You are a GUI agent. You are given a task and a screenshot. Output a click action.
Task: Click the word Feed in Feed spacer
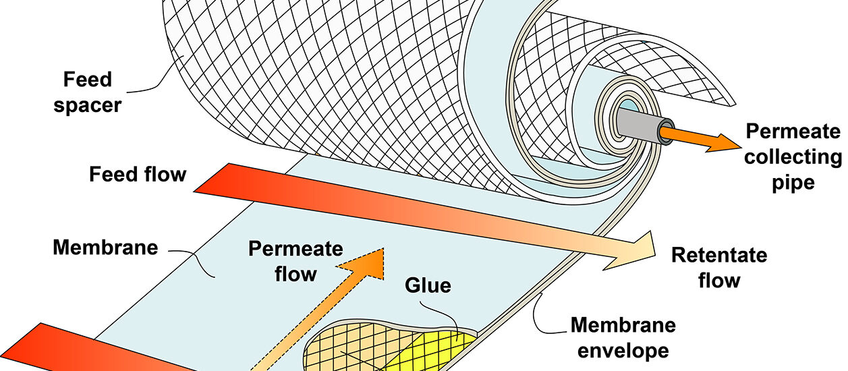[88, 80]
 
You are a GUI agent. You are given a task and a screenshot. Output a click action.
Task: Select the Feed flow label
[138, 175]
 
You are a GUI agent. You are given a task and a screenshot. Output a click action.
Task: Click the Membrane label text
[105, 248]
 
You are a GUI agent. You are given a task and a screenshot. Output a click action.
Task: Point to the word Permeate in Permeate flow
[295, 249]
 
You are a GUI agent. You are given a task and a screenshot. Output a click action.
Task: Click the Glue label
[428, 285]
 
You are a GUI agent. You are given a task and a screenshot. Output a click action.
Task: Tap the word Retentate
[719, 256]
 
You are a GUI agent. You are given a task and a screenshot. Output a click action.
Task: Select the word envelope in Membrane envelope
[625, 351]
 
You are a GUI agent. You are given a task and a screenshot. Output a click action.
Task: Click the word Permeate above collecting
[793, 132]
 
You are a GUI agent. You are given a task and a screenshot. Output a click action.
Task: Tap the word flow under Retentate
[719, 279]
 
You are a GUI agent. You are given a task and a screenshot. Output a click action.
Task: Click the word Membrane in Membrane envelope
[623, 326]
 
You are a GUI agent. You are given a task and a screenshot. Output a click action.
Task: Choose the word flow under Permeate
[295, 273]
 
